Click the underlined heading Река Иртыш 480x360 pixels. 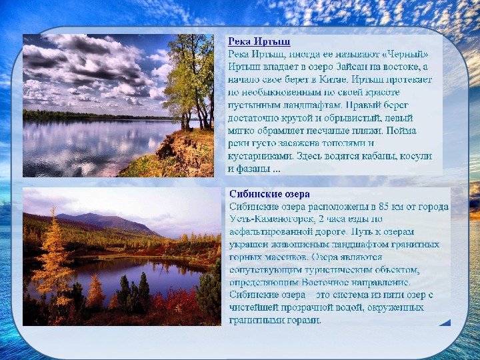[x=259, y=41]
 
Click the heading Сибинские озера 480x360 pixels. [x=269, y=194]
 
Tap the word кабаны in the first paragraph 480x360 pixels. [x=379, y=156]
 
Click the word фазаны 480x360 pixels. [x=253, y=169]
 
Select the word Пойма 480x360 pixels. [x=401, y=131]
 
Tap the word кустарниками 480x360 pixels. [x=261, y=156]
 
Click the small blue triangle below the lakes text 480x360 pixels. [x=445, y=323]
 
